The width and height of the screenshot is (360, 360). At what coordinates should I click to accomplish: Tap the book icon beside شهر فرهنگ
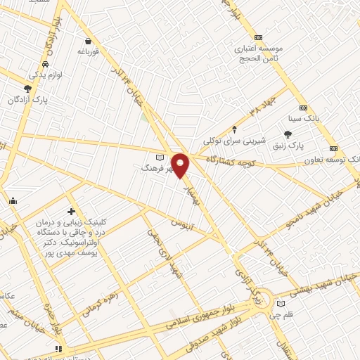[160, 157]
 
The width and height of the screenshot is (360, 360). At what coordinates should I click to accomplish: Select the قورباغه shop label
[91, 51]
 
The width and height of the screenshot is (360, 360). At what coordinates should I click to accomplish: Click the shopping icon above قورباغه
[88, 41]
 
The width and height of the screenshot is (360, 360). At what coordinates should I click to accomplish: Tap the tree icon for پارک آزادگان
[27, 89]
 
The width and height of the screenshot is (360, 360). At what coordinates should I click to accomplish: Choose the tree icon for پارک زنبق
[288, 134]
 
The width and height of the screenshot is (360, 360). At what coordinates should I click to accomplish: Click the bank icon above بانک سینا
[303, 108]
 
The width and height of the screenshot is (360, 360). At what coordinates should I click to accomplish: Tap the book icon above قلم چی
[281, 303]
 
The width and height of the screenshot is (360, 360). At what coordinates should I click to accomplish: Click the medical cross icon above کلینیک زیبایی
[71, 211]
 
